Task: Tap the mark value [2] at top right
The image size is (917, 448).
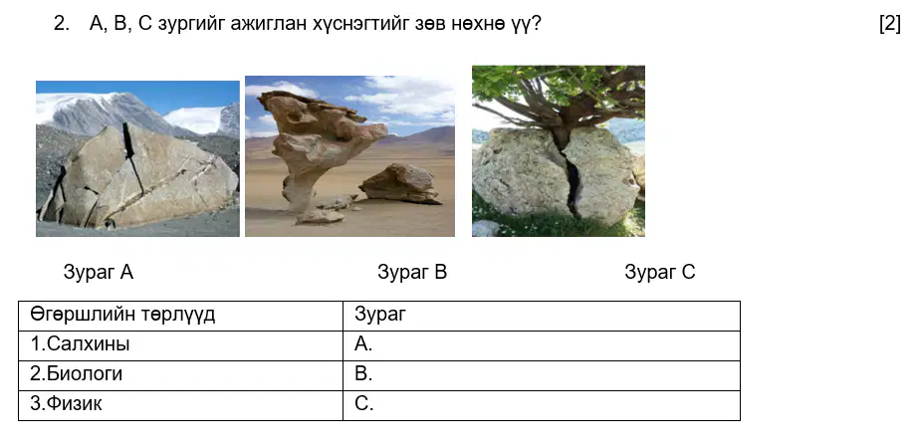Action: click(x=889, y=24)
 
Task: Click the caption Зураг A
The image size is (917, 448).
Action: click(x=99, y=272)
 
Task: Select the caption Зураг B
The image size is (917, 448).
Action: click(x=412, y=272)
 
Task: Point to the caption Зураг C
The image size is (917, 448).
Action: click(x=660, y=272)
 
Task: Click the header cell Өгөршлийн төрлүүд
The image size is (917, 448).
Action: click(x=180, y=316)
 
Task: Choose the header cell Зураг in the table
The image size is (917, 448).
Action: click(x=542, y=316)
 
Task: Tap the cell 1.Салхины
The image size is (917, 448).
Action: click(x=180, y=345)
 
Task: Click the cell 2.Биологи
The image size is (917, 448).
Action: click(x=180, y=375)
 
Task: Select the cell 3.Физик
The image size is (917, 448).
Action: click(x=180, y=405)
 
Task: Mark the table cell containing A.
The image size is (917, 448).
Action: click(x=542, y=345)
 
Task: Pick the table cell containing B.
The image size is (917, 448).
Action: click(x=542, y=375)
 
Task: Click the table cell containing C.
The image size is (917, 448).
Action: click(x=542, y=405)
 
